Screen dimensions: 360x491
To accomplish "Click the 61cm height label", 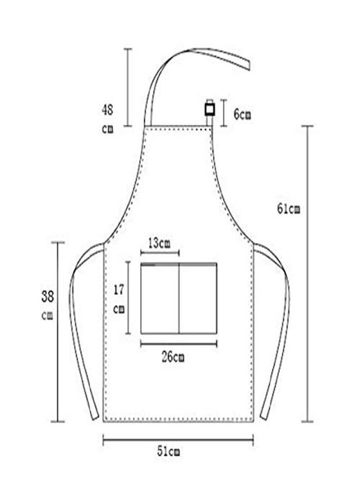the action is (x=289, y=208).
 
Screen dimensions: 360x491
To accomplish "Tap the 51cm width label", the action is (x=169, y=451).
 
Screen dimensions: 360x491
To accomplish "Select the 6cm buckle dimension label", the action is (x=242, y=115).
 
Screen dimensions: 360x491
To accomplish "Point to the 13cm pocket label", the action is (x=159, y=243).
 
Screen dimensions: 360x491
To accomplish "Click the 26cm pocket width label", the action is (x=173, y=357).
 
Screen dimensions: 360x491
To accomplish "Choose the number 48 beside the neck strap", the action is (x=107, y=110).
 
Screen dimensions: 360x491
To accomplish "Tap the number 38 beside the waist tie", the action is (x=47, y=296).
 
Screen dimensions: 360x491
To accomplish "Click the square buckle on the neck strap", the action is (x=210, y=109).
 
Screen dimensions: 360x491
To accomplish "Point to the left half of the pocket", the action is (x=160, y=298).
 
